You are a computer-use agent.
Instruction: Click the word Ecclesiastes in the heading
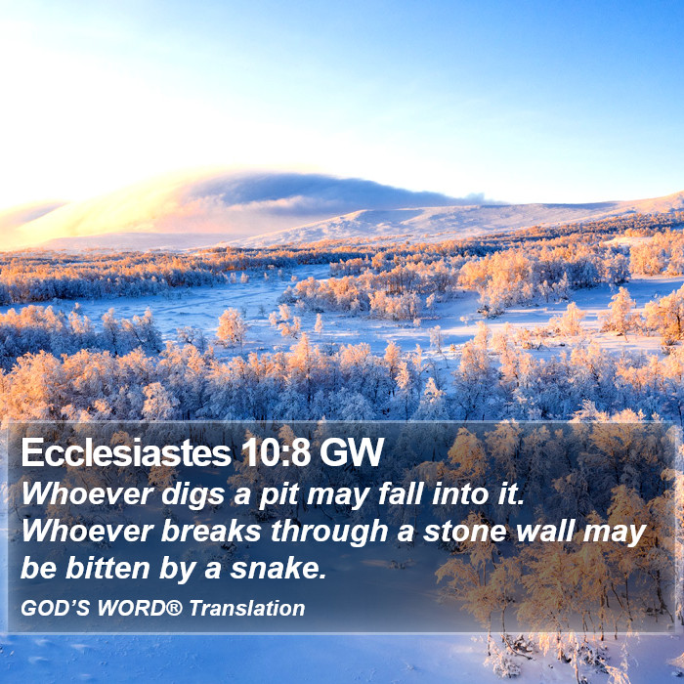[x=126, y=452]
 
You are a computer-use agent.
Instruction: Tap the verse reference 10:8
[x=276, y=452]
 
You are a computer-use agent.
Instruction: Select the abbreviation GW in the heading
[x=352, y=452]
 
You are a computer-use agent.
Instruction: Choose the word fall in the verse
[x=401, y=493]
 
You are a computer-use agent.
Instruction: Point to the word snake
[x=278, y=568]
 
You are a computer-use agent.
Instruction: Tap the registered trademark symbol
[x=174, y=607]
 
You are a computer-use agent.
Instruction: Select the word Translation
[x=247, y=608]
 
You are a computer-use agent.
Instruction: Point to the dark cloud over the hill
[x=322, y=192]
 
